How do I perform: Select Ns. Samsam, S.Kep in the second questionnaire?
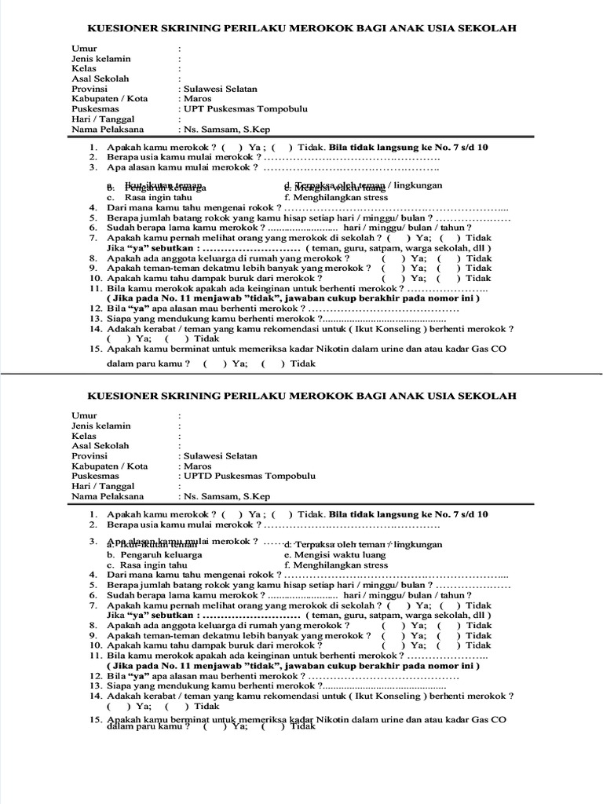227,496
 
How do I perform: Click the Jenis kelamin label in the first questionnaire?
101,58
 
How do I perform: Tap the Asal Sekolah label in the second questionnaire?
100,445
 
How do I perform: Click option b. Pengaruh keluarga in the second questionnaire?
154,554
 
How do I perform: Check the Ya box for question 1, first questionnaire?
232,147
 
